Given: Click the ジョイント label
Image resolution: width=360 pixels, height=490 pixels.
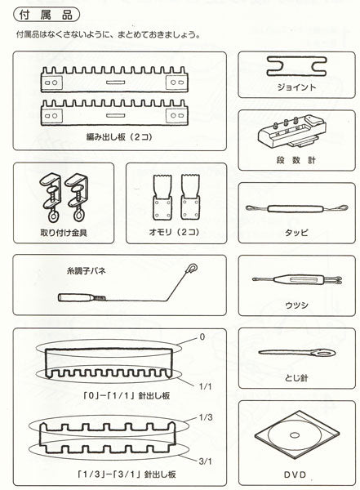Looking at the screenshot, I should click(297, 86).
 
